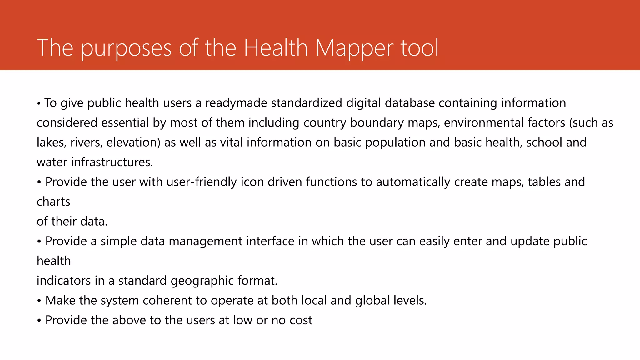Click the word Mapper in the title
pos(354,48)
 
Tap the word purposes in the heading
pos(126,48)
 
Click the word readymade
pos(236,103)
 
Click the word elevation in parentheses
pos(133,142)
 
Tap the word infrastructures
pos(112,162)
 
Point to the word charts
pos(53,202)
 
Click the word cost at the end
pos(301,320)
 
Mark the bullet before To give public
pos(39,103)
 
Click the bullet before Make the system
pos(39,301)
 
